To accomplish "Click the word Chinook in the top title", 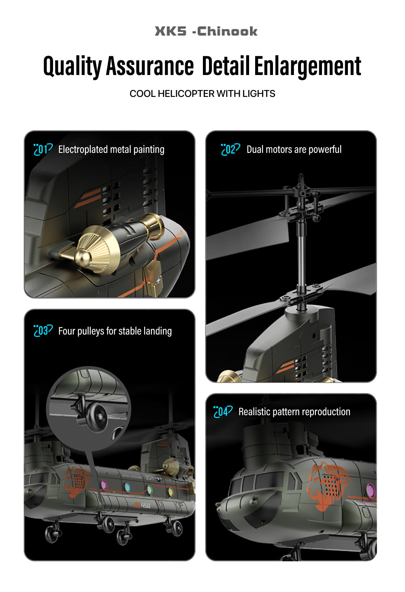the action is tap(227, 31).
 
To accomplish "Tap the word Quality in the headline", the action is tap(72, 66).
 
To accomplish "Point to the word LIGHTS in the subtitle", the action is tap(259, 94).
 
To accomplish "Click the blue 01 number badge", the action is tap(43, 149).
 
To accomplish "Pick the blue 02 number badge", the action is tap(230, 149).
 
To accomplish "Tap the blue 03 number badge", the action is tap(43, 331).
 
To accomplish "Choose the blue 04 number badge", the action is tap(223, 412).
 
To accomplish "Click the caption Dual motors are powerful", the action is tap(294, 150).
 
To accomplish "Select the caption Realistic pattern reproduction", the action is tap(294, 412).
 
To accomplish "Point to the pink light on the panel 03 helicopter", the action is tap(104, 484).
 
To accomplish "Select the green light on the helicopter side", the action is tap(150, 489).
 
